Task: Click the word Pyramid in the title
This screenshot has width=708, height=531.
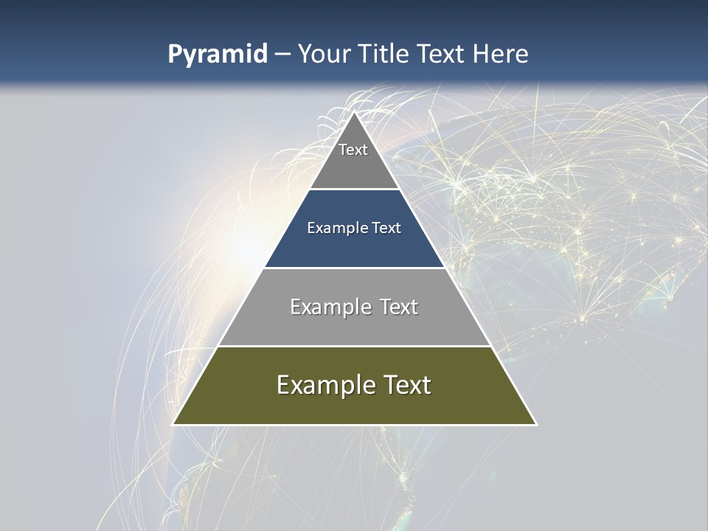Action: [217, 55]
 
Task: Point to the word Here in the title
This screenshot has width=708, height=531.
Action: [501, 54]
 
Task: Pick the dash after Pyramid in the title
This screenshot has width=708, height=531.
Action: [282, 55]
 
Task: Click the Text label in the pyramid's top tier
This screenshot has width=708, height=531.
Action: [353, 150]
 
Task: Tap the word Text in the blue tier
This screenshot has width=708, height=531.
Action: [386, 228]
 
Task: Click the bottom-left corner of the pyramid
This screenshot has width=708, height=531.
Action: [173, 424]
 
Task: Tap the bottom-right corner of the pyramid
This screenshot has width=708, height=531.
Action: [536, 424]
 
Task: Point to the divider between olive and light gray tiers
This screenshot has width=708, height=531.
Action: [355, 346]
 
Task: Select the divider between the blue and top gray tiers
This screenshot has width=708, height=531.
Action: [355, 190]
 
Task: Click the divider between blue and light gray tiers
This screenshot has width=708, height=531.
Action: [355, 268]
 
